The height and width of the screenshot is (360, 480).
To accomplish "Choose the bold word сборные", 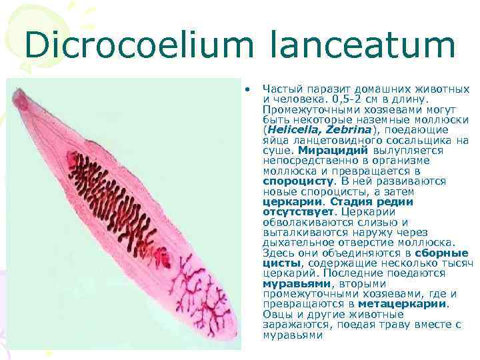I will pos(442,253).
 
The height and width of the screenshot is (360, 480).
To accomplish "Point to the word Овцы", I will pos(276,314).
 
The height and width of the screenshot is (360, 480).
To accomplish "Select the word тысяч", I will pos(456,263).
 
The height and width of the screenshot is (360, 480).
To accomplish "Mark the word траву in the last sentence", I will pos(399,325).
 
